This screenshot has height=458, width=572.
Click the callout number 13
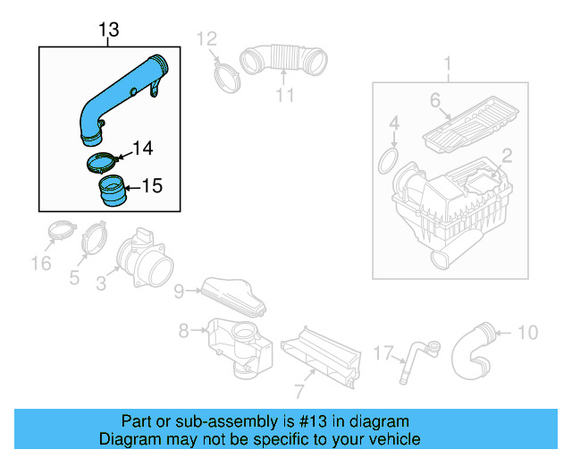click(x=108, y=31)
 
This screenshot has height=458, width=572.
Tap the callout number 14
click(x=143, y=148)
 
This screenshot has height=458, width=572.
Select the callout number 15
click(x=152, y=186)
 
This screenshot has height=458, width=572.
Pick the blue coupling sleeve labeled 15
click(x=112, y=191)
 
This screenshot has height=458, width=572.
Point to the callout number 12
click(x=206, y=38)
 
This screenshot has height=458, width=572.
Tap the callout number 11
click(x=284, y=95)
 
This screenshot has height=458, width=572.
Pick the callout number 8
click(x=183, y=331)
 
